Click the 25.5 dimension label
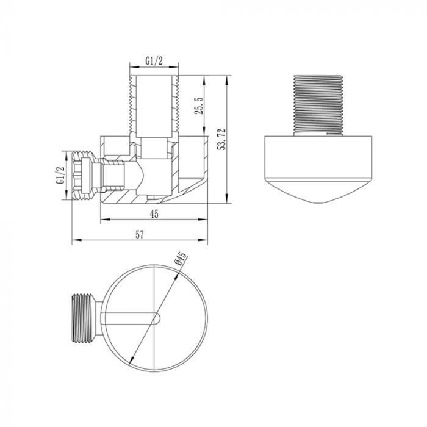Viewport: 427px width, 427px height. (x=199, y=106)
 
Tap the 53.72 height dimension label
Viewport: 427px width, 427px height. (x=221, y=140)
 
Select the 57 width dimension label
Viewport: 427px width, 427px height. (x=139, y=235)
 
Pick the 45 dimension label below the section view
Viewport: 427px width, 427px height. (x=154, y=213)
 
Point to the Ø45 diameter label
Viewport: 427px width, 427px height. (x=181, y=259)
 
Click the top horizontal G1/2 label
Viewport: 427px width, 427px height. (x=154, y=61)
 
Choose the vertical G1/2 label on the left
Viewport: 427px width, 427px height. (x=60, y=176)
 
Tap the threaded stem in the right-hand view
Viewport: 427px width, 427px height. (x=318, y=105)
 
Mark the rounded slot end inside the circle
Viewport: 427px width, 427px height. (x=159, y=318)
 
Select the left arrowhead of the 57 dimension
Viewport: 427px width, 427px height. (x=77, y=240)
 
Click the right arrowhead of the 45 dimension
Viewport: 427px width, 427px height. (x=203, y=219)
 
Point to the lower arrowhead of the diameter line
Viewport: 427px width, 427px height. (x=132, y=361)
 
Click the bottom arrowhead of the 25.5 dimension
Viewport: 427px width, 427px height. (x=204, y=131)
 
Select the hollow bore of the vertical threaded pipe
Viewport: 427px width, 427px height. (x=154, y=106)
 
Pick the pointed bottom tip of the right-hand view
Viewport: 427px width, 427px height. (x=318, y=203)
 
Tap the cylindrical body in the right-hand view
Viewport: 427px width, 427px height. (x=318, y=157)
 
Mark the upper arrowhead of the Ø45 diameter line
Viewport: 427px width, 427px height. (x=177, y=276)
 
